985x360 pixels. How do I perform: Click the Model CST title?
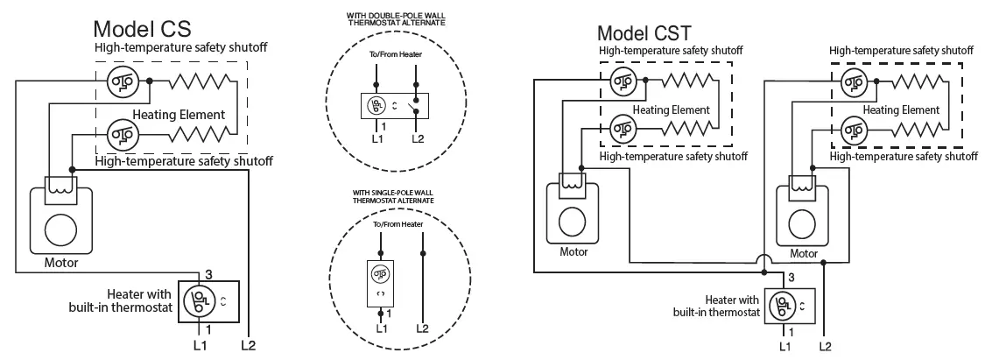644,33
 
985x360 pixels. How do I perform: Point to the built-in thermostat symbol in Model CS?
199,301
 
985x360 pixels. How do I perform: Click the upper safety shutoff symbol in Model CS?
119,83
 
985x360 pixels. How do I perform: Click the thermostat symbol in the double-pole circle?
376,107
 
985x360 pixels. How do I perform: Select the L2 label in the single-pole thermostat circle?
422,328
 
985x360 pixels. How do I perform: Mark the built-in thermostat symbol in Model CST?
782,307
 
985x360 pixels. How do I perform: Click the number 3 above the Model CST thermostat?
791,277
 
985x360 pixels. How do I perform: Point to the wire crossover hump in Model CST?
763,260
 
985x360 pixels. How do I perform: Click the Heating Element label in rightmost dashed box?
901,110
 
